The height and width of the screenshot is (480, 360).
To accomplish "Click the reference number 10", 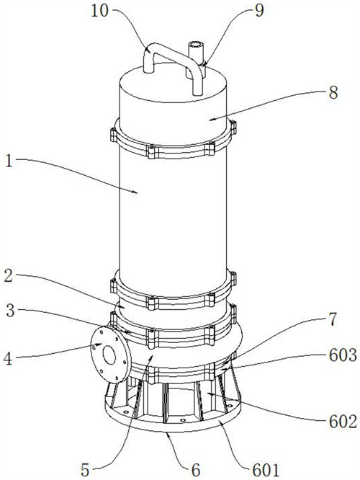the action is point(100,12).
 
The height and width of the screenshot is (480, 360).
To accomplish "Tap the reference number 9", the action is point(259,12).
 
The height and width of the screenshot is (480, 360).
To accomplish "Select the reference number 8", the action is point(333,92).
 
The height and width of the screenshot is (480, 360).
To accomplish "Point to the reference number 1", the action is point(9,161).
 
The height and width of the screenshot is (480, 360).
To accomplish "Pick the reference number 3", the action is point(11,311).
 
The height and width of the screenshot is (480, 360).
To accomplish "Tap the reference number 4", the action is point(8,358).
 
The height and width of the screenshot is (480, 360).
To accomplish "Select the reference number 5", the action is point(86,470).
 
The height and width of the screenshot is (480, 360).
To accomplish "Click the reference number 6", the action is point(195,469).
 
